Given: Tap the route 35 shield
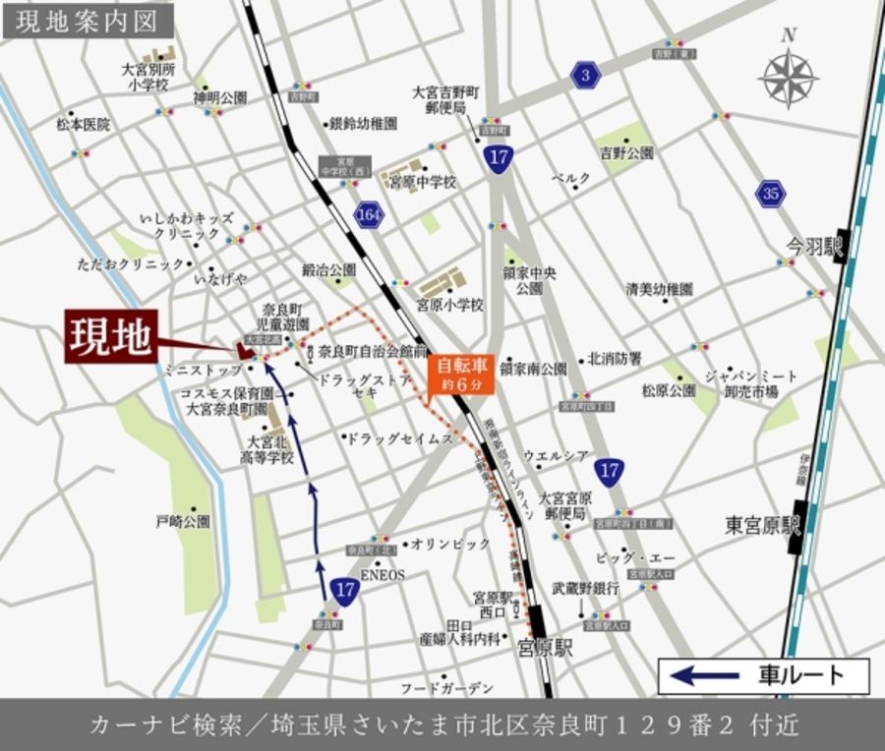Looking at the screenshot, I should [x=770, y=194].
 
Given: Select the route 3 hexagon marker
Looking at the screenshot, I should [x=587, y=75].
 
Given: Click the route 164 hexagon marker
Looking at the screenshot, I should [x=370, y=213].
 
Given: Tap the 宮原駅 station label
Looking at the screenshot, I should [x=545, y=648].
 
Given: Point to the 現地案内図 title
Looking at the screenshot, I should [x=88, y=19].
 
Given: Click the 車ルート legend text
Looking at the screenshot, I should [x=801, y=675].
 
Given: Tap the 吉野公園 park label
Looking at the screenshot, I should [x=626, y=153].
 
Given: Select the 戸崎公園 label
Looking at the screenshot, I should [x=183, y=521].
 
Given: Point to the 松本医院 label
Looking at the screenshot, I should [x=83, y=125].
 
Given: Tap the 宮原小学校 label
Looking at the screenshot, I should [x=450, y=305].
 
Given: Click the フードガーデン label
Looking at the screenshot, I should [x=446, y=687].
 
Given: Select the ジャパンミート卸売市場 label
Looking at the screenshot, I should [x=752, y=383].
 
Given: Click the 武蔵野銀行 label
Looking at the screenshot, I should [x=584, y=588].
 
